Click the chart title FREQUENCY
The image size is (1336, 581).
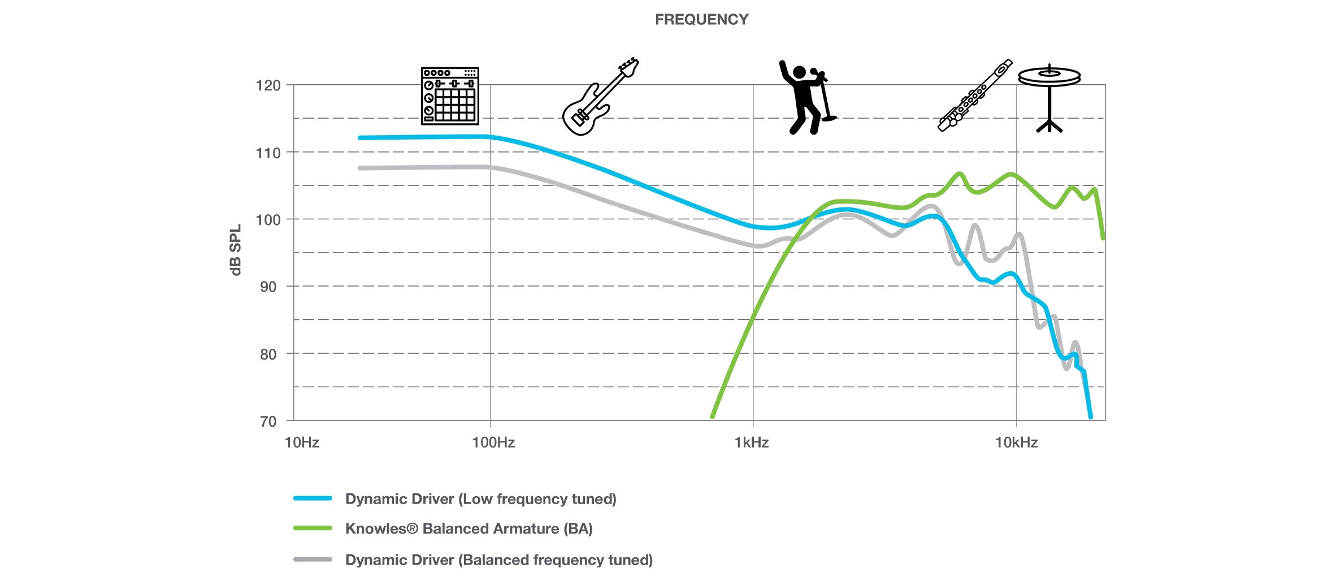coord(701,20)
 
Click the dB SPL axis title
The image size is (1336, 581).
coord(236,250)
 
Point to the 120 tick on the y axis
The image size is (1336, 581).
coord(268,86)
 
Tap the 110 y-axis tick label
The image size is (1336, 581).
coord(268,153)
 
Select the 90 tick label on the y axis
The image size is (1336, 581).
coord(268,287)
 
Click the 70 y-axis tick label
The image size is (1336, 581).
coord(268,422)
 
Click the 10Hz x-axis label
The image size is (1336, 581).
coord(302,443)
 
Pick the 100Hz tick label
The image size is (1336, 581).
coord(493,443)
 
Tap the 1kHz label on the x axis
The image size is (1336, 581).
coord(751,443)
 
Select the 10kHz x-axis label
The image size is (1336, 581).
coord(1016,443)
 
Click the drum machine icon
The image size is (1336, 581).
coord(450,96)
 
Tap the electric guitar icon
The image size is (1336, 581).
coord(600,97)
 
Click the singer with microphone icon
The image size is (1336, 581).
coord(806,97)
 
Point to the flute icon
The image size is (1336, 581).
coord(974,96)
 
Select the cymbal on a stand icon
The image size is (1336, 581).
coord(1049,97)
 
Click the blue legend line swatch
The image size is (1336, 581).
coord(313,498)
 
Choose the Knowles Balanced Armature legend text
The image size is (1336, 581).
coord(469,529)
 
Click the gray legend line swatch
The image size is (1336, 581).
coord(313,560)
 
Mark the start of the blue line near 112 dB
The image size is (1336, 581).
coord(361,138)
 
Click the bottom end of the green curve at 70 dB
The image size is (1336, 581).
coord(712,417)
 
